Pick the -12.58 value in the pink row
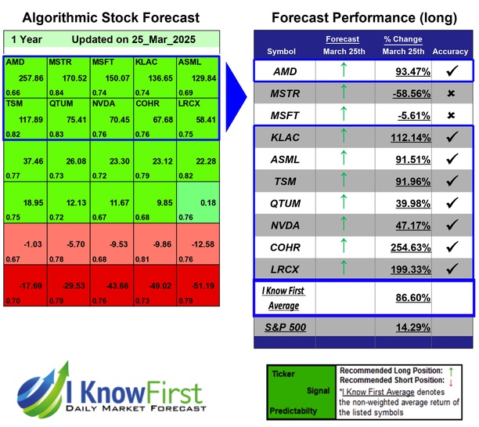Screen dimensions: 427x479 tap(201, 244)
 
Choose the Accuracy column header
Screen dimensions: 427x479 tap(450, 52)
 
